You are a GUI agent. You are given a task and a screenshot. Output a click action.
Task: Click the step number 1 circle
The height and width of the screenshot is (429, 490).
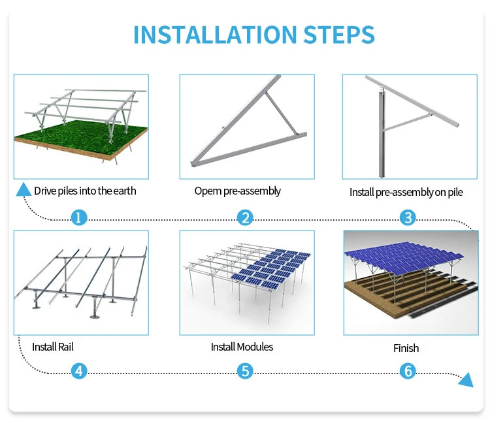[79, 217]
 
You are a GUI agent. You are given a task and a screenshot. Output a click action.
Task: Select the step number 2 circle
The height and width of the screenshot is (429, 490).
[245, 217]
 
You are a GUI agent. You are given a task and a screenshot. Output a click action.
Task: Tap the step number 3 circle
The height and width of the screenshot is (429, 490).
[408, 217]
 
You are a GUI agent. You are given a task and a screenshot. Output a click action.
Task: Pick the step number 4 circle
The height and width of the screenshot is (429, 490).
[79, 371]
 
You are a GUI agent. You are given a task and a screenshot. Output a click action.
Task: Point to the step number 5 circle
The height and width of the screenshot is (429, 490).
[245, 371]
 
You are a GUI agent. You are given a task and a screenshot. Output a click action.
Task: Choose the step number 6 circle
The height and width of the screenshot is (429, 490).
[408, 371]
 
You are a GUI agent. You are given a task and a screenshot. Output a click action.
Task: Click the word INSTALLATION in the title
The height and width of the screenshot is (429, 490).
[215, 35]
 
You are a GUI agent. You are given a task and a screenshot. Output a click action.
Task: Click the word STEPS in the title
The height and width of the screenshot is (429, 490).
[338, 35]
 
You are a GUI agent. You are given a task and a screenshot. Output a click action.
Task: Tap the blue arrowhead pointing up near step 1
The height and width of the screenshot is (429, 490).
[24, 189]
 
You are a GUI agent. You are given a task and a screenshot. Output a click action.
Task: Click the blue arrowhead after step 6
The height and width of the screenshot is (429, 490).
[466, 379]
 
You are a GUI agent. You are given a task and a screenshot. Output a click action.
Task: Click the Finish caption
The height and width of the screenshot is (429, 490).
[406, 348]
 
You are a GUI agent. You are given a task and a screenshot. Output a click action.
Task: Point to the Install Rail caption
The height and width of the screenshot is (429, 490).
[53, 347]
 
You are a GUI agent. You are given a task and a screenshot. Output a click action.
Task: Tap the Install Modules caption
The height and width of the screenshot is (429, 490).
[242, 347]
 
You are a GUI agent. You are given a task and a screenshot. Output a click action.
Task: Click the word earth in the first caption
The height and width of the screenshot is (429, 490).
[124, 191]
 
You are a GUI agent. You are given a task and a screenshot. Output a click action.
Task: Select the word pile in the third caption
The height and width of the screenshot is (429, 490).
[455, 193]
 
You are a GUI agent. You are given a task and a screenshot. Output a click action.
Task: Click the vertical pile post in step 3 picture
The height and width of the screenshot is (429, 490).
[382, 135]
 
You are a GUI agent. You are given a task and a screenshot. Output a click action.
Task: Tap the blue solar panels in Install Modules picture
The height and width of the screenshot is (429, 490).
[270, 268]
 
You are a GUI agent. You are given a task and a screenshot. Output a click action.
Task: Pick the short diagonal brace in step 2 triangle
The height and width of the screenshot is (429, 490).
[280, 112]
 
